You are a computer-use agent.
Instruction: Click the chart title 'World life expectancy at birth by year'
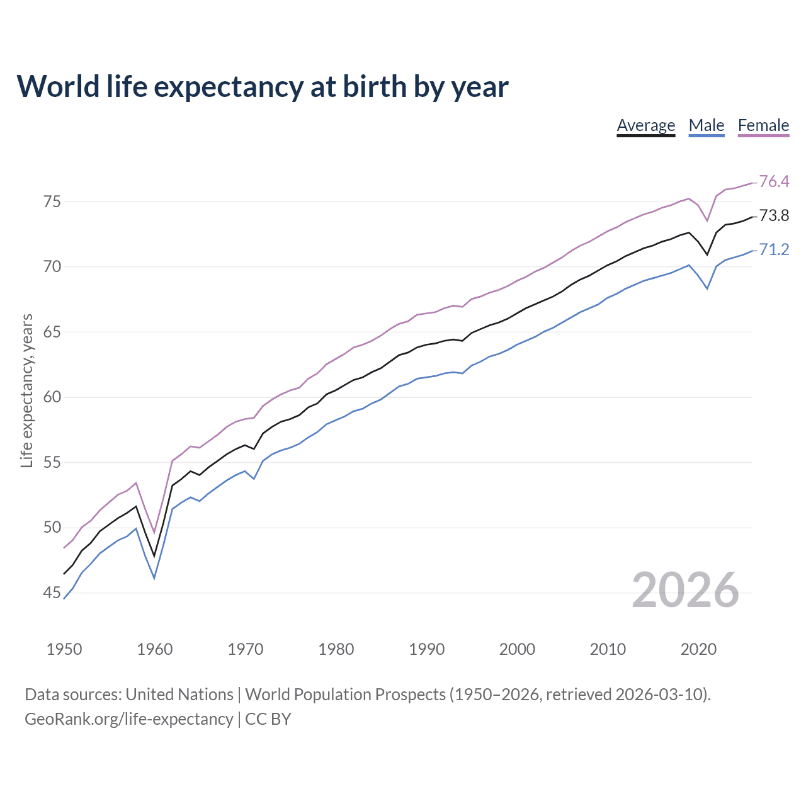click(x=262, y=86)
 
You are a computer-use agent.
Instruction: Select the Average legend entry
click(x=645, y=125)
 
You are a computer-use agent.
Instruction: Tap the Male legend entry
click(x=706, y=125)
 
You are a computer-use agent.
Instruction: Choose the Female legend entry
click(x=763, y=125)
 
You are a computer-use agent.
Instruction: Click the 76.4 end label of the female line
click(x=774, y=181)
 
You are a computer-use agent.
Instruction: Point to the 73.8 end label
click(x=774, y=215)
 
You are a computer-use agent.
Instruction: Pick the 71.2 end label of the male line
click(x=774, y=249)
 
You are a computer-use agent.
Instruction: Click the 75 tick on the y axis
click(x=52, y=201)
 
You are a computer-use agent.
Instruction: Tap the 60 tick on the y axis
click(x=52, y=397)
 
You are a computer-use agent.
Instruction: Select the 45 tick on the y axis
click(x=52, y=593)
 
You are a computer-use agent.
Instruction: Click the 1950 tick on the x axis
click(x=64, y=649)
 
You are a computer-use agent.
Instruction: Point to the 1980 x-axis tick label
click(x=336, y=649)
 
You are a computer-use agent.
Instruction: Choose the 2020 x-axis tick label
click(x=698, y=649)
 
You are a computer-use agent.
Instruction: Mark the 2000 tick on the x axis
click(x=517, y=649)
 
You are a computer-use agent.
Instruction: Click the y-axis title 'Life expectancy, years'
click(x=26, y=391)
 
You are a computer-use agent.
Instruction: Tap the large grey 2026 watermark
click(x=685, y=590)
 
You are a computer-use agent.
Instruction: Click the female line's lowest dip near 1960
click(x=154, y=533)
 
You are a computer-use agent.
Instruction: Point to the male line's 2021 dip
click(x=707, y=288)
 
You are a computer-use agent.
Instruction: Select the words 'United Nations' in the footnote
click(x=179, y=695)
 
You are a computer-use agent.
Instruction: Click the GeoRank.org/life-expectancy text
click(x=129, y=719)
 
